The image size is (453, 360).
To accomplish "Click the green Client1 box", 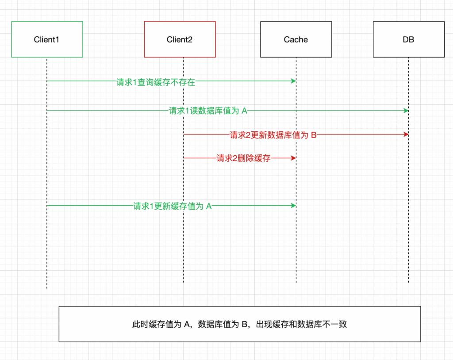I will pyautogui.click(x=47, y=39).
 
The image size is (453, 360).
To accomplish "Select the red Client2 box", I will pyautogui.click(x=180, y=39).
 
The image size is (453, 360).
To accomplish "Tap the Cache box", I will pyautogui.click(x=296, y=39).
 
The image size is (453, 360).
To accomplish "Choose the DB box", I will pyautogui.click(x=408, y=39).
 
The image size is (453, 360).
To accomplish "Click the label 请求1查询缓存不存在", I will pyautogui.click(x=156, y=82).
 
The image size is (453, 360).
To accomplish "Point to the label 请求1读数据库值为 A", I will pyautogui.click(x=208, y=111).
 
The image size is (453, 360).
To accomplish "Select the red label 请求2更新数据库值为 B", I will pyautogui.click(x=273, y=135).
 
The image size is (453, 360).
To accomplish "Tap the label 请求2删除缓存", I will pyautogui.click(x=243, y=158).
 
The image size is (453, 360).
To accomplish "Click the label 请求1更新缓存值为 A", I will pyautogui.click(x=173, y=206).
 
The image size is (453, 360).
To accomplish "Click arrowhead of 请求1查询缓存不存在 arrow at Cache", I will pyautogui.click(x=293, y=81).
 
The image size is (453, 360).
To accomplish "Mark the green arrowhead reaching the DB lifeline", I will pyautogui.click(x=406, y=110).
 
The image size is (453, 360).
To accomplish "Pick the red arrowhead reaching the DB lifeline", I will pyautogui.click(x=406, y=134).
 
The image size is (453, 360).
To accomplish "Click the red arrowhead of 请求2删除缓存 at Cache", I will pyautogui.click(x=293, y=157).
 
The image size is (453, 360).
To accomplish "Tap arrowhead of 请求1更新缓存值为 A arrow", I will pyautogui.click(x=293, y=205).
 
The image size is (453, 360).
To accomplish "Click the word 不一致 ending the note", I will pyautogui.click(x=337, y=324).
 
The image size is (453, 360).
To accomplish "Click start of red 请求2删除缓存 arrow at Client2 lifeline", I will pyautogui.click(x=184, y=157).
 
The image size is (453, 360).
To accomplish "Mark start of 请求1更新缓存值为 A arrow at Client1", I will pyautogui.click(x=48, y=205).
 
